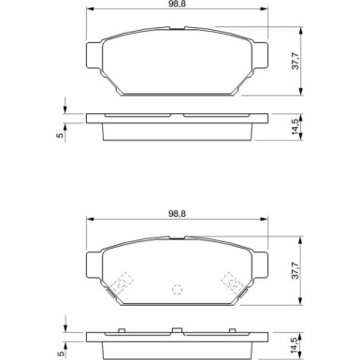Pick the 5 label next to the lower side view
click(x=59, y=353)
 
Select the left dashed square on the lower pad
click(x=122, y=281)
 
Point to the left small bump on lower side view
click(x=122, y=329)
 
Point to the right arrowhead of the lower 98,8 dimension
click(x=265, y=222)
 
